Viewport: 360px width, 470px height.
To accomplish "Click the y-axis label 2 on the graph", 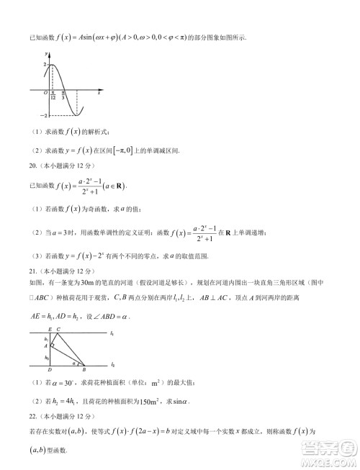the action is [x=44, y=65].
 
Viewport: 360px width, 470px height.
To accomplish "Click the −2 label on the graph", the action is [x=42, y=116].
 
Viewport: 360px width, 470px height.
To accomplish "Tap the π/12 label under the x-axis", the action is [x=54, y=96].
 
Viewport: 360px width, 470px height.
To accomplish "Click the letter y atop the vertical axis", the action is [x=47, y=55].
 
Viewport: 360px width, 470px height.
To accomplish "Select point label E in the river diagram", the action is [x=49, y=329].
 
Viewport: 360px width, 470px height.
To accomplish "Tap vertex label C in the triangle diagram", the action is [x=58, y=329].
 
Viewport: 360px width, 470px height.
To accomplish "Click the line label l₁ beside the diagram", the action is [x=112, y=333].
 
